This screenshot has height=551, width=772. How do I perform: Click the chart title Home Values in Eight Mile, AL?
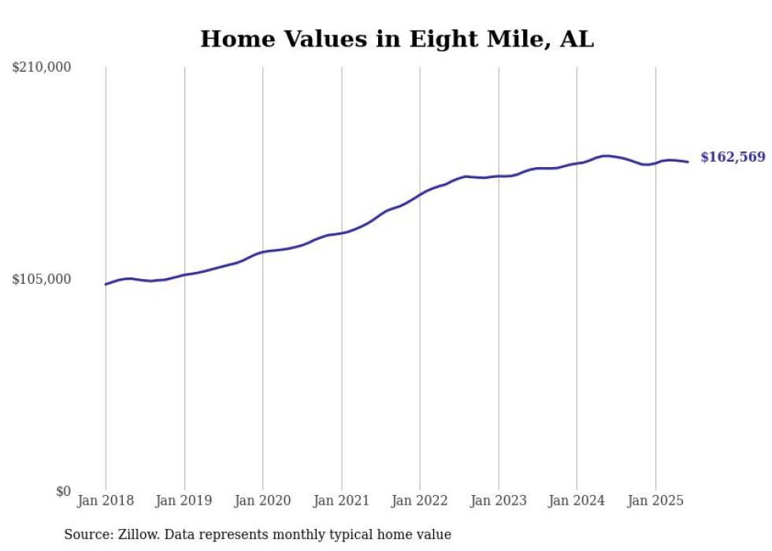pyautogui.click(x=397, y=39)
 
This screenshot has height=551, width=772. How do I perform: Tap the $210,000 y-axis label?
pyautogui.click(x=42, y=68)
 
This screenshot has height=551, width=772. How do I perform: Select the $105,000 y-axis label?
pyautogui.click(x=42, y=279)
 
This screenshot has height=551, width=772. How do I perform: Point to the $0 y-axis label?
pyautogui.click(x=63, y=491)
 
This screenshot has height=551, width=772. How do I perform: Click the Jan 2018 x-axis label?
pyautogui.click(x=106, y=501)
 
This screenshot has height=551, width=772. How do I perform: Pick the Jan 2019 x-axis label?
pyautogui.click(x=184, y=501)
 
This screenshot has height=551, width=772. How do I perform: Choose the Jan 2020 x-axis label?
pyautogui.click(x=262, y=501)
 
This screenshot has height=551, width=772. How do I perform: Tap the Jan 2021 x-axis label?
pyautogui.click(x=341, y=501)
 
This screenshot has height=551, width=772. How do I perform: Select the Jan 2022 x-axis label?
pyautogui.click(x=420, y=501)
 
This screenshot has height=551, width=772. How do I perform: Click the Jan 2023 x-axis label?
pyautogui.click(x=498, y=501)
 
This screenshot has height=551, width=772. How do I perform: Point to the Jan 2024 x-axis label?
pyautogui.click(x=577, y=501)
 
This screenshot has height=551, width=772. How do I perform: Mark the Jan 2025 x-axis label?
pyautogui.click(x=655, y=501)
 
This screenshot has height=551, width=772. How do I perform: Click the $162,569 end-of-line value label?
pyautogui.click(x=733, y=158)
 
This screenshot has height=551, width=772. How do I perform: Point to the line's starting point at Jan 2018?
pyautogui.click(x=106, y=284)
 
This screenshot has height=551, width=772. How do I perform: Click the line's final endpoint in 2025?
pyautogui.click(x=688, y=162)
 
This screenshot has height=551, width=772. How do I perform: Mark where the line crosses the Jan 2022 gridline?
pyautogui.click(x=420, y=193)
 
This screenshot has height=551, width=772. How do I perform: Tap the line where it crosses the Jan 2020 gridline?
pyautogui.click(x=262, y=252)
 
